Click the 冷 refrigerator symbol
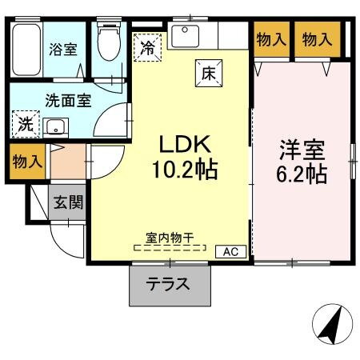tap(147, 47)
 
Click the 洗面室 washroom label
tap(68, 102)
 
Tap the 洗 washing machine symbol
tap(25, 126)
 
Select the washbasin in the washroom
tap(55, 126)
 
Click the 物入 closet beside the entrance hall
tap(26, 162)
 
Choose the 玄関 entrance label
tap(68, 202)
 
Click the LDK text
tap(184, 145)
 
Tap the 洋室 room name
tap(302, 149)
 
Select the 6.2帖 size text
tap(302, 174)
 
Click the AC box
tap(230, 251)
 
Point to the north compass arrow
tap(330, 322)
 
